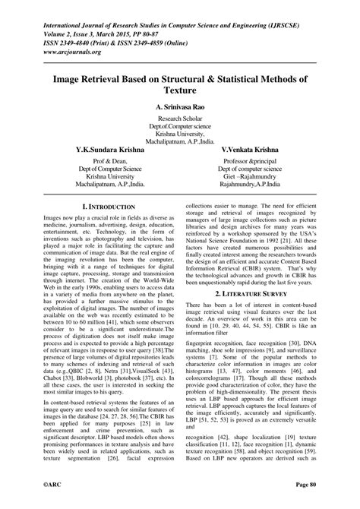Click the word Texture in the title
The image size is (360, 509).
click(180, 89)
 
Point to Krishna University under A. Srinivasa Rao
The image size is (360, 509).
click(180, 132)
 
